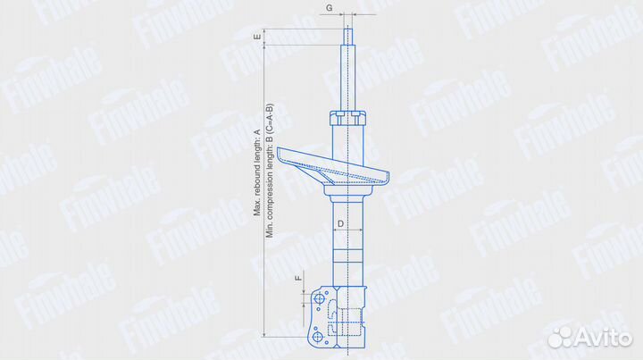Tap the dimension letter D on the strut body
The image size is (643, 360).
(x=341, y=221)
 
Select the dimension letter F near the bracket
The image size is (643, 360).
(x=297, y=280)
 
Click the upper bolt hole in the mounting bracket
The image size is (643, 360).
(x=317, y=296)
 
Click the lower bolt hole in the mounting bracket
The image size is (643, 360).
(x=315, y=336)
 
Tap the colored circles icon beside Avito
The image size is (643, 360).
(x=561, y=338)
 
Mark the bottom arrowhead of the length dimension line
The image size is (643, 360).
(x=265, y=334)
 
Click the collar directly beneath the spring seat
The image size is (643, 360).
(x=347, y=191)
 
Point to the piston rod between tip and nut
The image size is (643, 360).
(x=347, y=76)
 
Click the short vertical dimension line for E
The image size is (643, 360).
(x=265, y=38)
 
